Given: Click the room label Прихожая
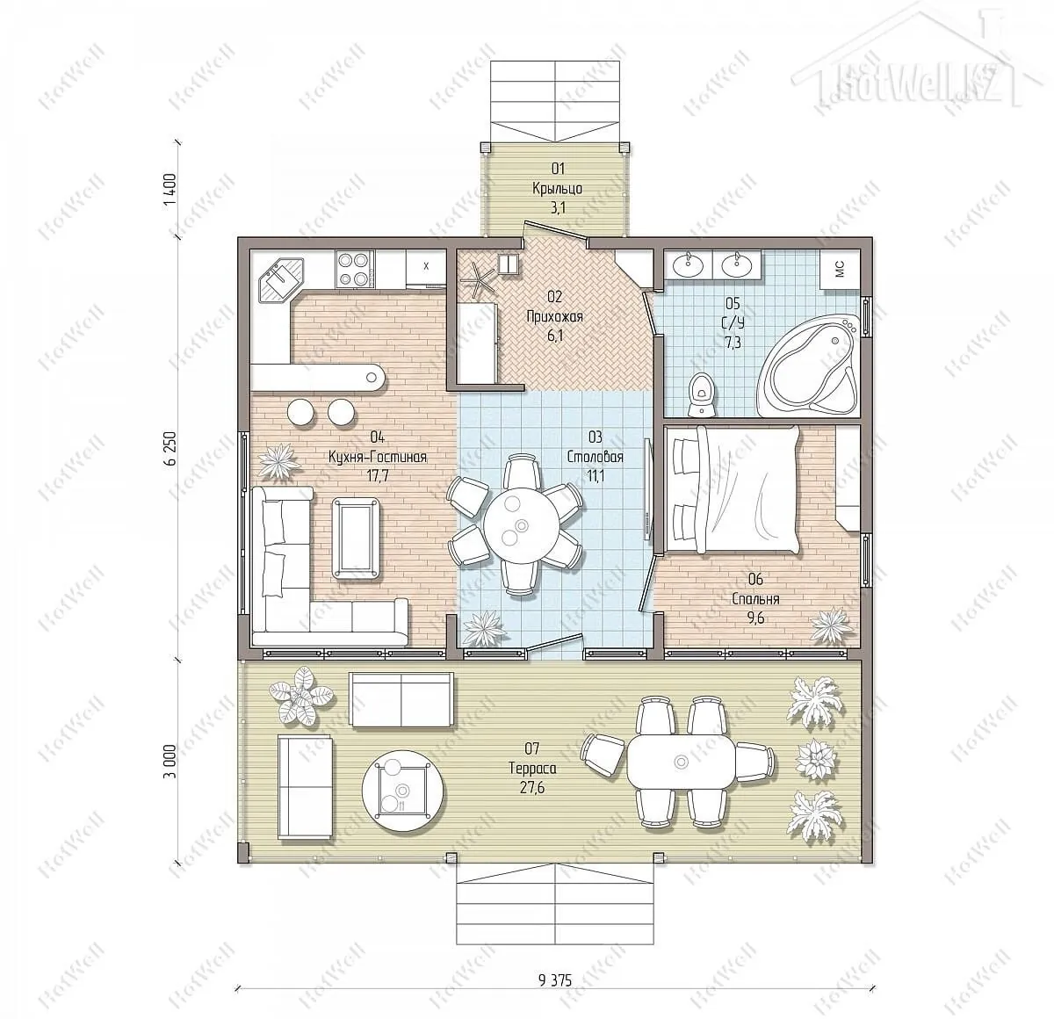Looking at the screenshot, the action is click(554, 316).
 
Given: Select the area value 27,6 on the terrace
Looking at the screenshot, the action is click(532, 787).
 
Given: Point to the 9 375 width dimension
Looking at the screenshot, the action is click(555, 980).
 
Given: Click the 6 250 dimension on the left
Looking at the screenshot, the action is click(172, 448).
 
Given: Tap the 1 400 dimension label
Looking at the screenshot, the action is click(172, 189).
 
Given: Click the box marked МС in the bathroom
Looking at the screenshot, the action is click(840, 270).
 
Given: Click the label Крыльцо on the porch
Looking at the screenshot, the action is click(557, 189).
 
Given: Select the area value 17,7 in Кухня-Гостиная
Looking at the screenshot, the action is click(378, 476).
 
